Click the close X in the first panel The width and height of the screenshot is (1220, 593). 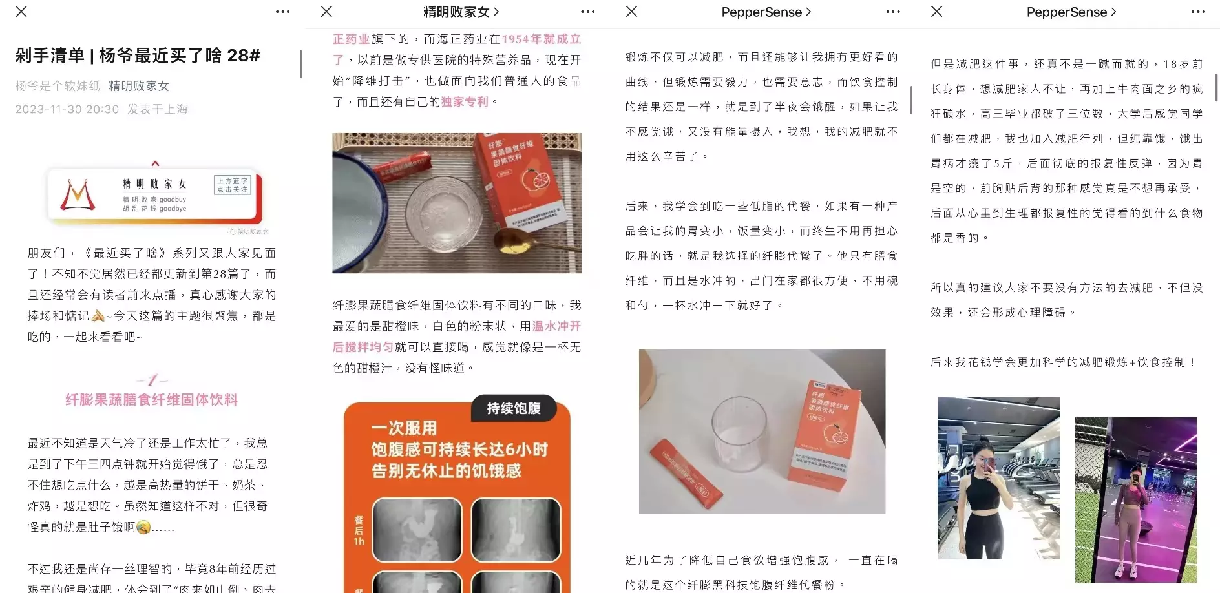point(21,12)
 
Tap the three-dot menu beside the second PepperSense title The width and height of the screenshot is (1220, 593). point(1197,12)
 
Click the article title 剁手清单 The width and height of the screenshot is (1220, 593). point(138,56)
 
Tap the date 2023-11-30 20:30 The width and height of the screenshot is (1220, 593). point(67,109)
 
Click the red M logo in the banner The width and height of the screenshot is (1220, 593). point(78,195)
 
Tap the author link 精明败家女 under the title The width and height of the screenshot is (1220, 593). point(139,86)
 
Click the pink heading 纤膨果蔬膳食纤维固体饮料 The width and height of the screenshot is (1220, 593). point(152,400)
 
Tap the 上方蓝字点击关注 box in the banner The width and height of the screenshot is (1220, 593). point(232,185)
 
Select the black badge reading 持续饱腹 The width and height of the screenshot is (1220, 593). point(514,408)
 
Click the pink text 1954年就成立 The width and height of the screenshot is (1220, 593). point(542,39)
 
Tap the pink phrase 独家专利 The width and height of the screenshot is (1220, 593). point(465,101)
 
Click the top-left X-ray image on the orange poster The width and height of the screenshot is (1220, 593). point(417,528)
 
